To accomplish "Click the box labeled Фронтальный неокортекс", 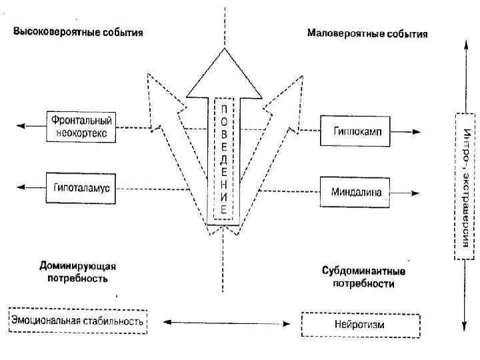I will [81, 127].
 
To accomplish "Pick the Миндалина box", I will [356, 193].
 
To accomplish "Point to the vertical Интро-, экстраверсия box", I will [465, 185].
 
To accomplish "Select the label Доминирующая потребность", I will [79, 271].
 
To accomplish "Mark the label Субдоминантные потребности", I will [363, 277].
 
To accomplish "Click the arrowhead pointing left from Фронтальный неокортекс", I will [20, 126].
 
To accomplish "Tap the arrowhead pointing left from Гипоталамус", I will [20, 188].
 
